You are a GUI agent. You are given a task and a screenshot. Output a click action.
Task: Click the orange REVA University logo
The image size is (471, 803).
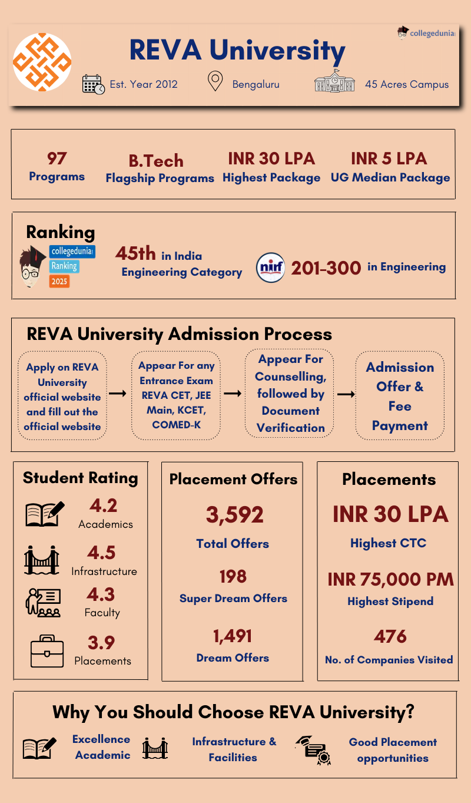(x=42, y=62)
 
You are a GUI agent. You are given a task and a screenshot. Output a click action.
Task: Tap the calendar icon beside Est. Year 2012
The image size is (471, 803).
(x=93, y=84)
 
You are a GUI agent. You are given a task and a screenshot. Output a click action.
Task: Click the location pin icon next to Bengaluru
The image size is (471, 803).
(x=216, y=81)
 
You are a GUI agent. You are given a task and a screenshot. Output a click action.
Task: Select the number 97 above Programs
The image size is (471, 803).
(x=57, y=158)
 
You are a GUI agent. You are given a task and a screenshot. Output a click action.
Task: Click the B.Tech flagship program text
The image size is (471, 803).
(x=156, y=161)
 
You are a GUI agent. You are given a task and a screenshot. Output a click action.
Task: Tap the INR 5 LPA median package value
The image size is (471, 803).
(x=389, y=158)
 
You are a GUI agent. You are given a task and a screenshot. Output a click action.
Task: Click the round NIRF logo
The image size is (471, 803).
(x=271, y=267)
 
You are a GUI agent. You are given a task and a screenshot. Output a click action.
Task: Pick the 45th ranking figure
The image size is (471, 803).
(x=135, y=254)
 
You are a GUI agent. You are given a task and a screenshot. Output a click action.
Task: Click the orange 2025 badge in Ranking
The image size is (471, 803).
(x=59, y=282)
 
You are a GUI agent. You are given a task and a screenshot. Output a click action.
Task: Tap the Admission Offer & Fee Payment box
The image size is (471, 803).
(x=400, y=396)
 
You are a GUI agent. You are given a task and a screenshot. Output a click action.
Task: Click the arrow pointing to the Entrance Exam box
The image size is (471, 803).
(x=118, y=394)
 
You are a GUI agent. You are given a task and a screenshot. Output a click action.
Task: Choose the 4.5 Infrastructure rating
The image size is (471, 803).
(x=101, y=553)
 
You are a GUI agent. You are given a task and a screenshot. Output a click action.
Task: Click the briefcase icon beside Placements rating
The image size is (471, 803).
(x=47, y=651)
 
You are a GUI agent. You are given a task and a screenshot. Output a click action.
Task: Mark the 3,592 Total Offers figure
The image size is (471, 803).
(x=234, y=515)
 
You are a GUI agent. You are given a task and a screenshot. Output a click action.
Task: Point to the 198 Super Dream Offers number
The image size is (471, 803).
(x=233, y=576)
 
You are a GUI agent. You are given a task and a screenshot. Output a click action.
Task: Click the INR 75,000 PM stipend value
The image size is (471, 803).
(x=390, y=580)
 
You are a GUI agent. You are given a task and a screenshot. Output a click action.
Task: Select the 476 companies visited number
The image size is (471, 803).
(x=390, y=637)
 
